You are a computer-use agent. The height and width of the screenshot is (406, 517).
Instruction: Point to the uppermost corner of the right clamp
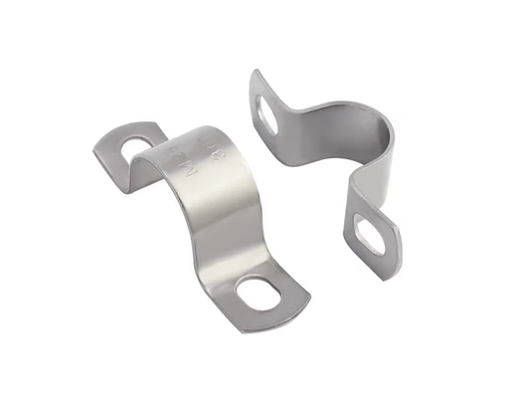coord(258,72)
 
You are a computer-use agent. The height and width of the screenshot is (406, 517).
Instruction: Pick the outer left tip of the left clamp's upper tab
coord(96,149)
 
